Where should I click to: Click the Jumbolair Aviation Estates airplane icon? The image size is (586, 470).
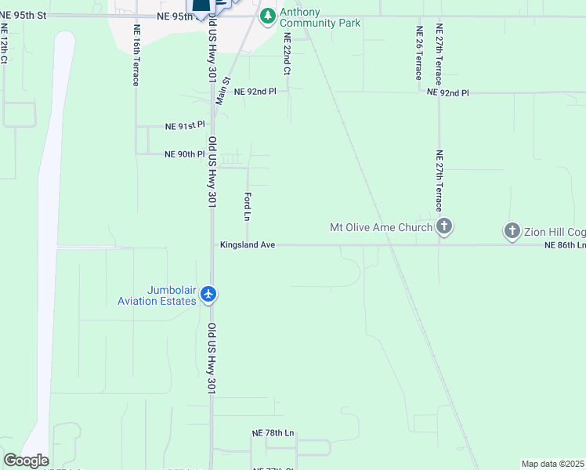(208, 295)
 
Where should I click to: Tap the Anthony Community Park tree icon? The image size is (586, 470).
(268, 15)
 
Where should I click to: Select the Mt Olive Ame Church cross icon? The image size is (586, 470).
(444, 228)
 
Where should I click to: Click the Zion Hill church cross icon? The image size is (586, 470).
(512, 231)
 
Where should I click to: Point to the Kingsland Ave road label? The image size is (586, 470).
(248, 245)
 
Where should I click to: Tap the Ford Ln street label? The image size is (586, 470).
(247, 207)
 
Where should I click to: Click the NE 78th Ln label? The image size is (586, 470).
(273, 432)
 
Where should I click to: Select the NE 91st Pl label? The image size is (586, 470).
(185, 125)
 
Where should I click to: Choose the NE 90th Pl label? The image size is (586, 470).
(185, 154)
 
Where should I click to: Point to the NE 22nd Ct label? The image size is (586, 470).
(288, 53)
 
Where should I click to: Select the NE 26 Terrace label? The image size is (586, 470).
(418, 53)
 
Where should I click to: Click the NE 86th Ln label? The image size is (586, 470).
(565, 245)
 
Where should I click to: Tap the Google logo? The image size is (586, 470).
(26, 461)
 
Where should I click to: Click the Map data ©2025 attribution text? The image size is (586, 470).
(553, 464)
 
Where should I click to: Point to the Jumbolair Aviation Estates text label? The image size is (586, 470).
(157, 295)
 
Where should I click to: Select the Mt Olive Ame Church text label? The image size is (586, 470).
(381, 228)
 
